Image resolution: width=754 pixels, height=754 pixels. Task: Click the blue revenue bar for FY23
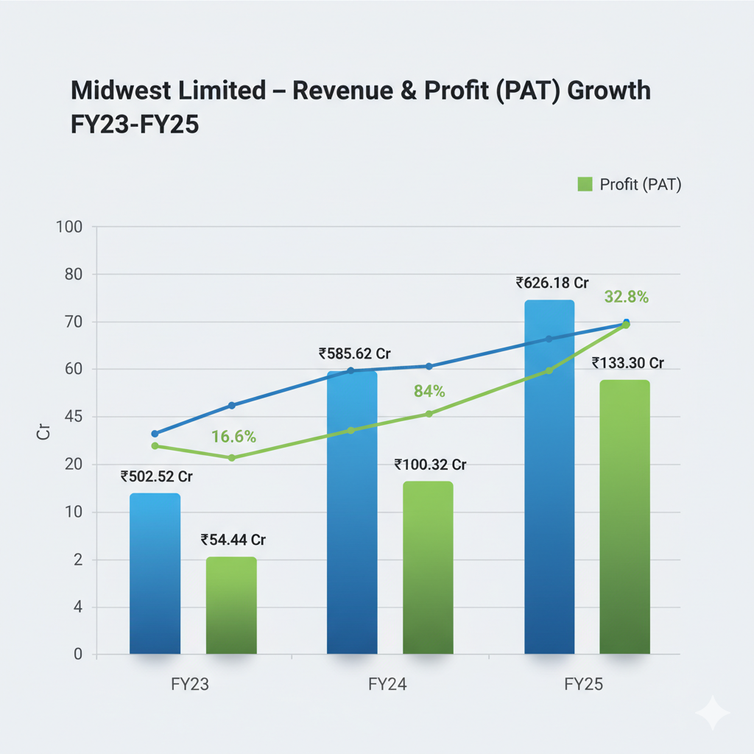[x=155, y=574]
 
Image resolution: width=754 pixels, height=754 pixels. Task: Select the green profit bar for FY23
[x=231, y=605]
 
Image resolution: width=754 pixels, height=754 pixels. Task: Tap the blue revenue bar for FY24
[x=351, y=515]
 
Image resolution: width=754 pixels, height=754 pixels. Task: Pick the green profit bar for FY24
[x=428, y=568]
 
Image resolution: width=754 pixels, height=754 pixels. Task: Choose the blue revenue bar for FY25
[x=549, y=479]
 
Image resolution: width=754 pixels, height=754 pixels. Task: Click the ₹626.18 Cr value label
[x=553, y=283]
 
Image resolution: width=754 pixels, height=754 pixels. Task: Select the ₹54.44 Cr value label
[x=233, y=540]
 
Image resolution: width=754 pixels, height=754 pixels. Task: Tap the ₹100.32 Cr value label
[x=431, y=465]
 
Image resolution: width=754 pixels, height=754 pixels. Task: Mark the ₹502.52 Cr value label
[x=156, y=476]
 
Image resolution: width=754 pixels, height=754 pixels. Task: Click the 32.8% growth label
[x=626, y=297]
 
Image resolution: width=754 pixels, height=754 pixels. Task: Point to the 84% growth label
[x=429, y=391]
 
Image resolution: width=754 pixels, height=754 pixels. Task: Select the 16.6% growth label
[x=233, y=437]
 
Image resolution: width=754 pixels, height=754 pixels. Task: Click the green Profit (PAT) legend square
[x=585, y=184]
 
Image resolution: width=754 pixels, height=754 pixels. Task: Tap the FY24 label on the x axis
[x=387, y=684]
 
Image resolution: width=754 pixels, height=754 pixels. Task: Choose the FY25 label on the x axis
[x=584, y=684]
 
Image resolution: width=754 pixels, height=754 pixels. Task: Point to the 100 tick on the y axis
[x=71, y=226]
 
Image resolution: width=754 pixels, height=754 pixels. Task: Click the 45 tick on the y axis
[x=74, y=417]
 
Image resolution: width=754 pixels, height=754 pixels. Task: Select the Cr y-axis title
[x=43, y=432]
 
